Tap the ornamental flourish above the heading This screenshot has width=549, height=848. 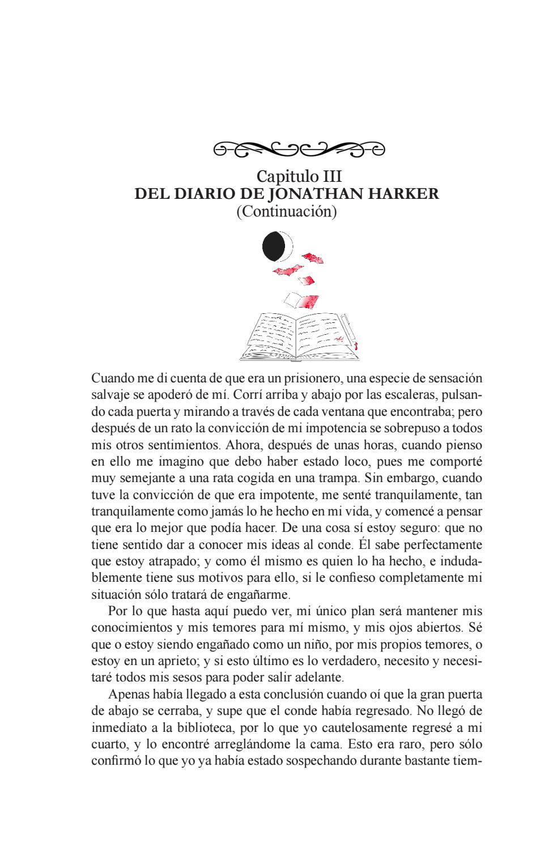coord(299,149)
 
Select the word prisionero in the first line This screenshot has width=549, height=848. coord(311,378)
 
